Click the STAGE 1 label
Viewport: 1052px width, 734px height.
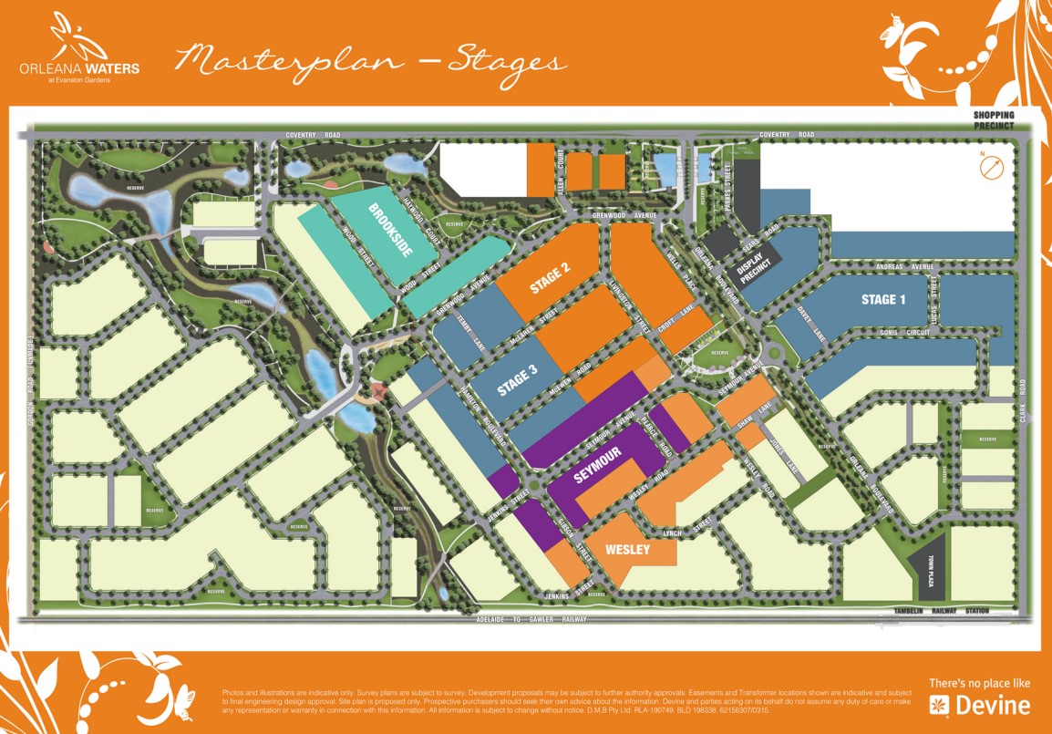883,299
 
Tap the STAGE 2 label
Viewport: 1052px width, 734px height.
551,277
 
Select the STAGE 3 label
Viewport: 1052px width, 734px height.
518,379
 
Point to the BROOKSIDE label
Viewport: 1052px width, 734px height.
389,231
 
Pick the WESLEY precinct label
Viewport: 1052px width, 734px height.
627,550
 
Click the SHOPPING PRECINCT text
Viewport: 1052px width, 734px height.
993,120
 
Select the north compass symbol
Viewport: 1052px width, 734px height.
991,168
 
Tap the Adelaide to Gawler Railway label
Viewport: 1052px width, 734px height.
530,620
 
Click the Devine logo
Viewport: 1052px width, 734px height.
980,704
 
